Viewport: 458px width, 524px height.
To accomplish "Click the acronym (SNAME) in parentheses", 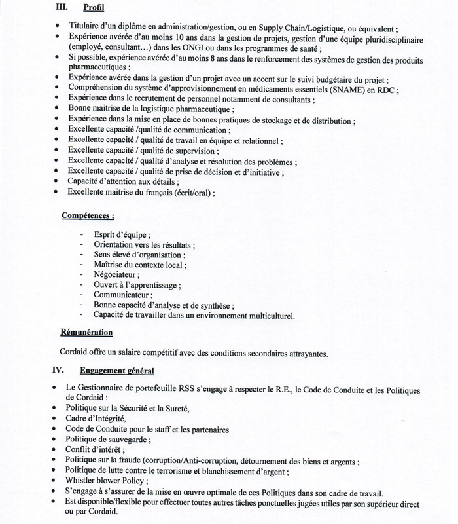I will (354, 90).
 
